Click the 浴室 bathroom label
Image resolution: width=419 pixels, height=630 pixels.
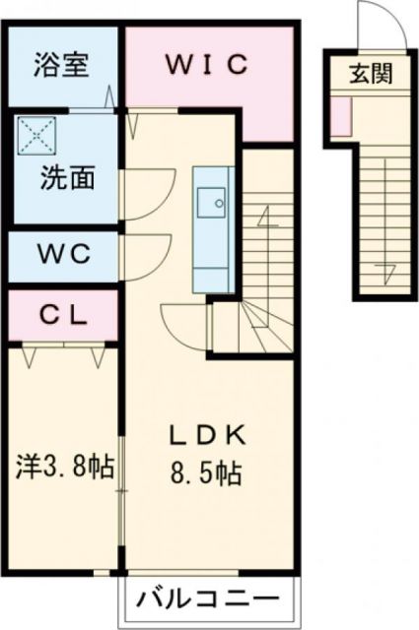tap(61, 67)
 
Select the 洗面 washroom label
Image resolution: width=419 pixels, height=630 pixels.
tap(67, 179)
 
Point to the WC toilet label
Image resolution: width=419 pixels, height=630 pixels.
tap(65, 253)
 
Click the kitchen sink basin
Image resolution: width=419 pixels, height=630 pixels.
tap(210, 204)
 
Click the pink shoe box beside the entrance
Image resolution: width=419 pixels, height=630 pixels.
tap(340, 116)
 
